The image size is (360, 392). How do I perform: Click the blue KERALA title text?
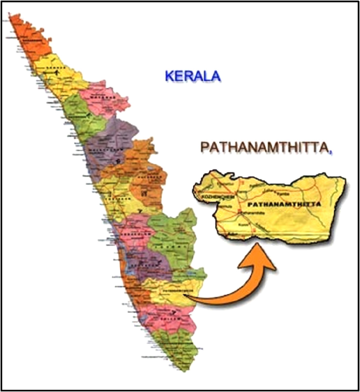193,75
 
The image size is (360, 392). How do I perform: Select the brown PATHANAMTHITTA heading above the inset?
264,148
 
